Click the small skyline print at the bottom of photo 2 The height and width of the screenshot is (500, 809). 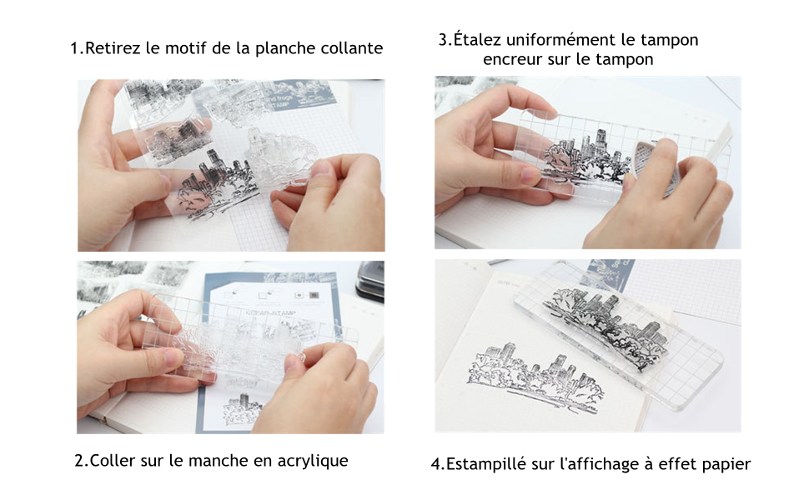click(242, 409)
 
